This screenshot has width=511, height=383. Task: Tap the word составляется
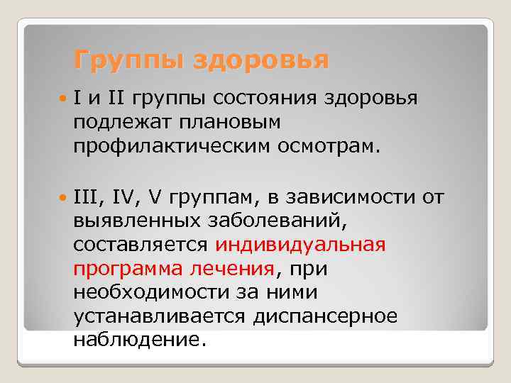point(139,245)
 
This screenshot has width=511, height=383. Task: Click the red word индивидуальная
point(300,245)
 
